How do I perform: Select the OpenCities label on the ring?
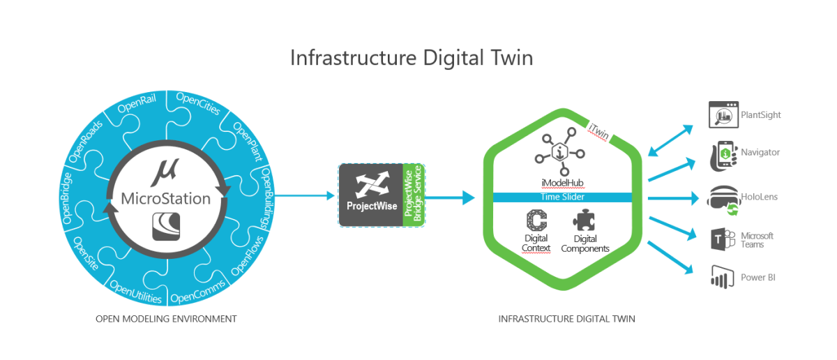pos(198,105)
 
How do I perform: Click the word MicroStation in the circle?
pos(166,199)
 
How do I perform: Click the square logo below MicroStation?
pos(166,227)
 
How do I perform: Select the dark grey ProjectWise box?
pos(370,195)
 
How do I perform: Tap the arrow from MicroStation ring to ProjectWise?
pos(307,196)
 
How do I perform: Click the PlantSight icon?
pos(723,114)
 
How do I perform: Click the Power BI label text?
pos(758,277)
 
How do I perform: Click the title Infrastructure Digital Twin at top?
pos(412,57)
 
